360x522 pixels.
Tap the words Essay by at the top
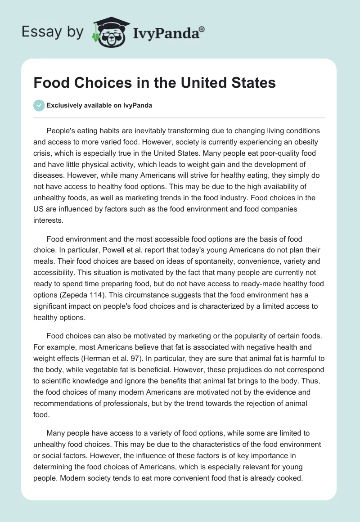(53, 32)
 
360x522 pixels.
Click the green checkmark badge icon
(39, 105)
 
